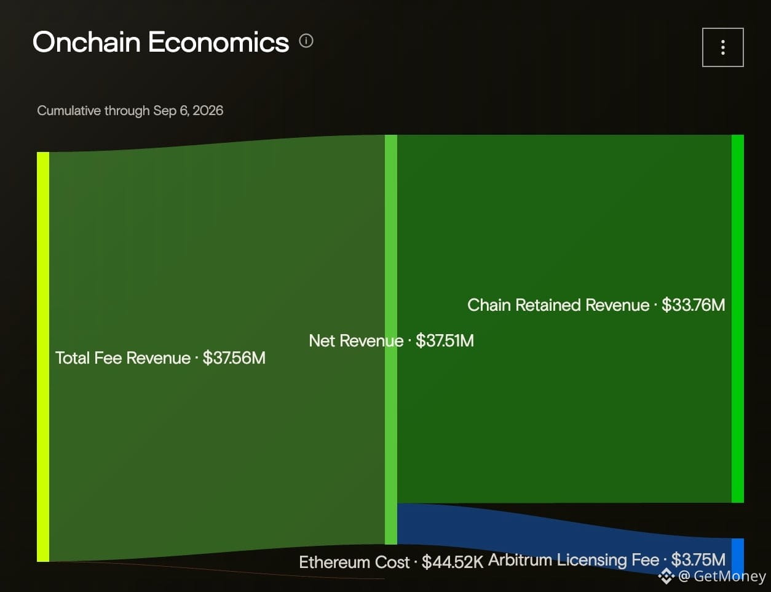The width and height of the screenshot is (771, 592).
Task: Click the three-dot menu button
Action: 723,47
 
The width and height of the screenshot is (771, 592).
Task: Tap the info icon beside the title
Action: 306,41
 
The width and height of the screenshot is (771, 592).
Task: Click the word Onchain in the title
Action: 87,42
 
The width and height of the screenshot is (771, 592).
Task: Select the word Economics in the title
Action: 218,42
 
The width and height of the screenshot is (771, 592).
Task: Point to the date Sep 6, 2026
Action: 188,110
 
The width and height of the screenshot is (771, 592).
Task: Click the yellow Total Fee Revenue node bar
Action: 43,356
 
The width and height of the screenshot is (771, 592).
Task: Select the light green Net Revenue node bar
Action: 391,340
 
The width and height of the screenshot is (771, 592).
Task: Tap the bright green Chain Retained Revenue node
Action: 738,319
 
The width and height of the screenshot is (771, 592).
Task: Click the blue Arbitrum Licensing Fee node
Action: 738,555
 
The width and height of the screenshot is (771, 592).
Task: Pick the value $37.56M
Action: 234,358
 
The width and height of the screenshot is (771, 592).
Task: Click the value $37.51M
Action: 445,340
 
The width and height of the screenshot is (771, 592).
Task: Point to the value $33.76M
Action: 694,305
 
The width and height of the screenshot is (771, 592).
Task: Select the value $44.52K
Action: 453,562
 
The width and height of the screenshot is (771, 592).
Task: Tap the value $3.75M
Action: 698,559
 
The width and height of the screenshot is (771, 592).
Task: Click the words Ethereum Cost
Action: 354,562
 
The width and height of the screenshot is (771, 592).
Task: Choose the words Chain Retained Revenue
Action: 558,305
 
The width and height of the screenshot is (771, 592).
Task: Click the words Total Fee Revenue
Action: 123,358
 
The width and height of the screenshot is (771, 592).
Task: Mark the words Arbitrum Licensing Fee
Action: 574,560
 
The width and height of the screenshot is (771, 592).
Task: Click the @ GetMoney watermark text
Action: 722,576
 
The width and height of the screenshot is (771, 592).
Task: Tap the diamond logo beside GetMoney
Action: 666,576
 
